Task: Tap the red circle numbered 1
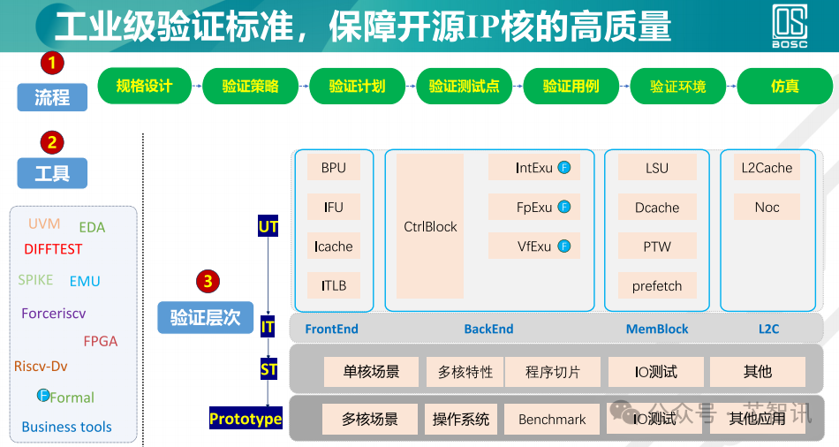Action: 51,63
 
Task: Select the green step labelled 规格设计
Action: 144,87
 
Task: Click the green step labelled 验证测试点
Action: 465,87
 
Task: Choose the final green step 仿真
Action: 784,87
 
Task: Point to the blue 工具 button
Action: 52,173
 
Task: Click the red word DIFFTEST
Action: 53,249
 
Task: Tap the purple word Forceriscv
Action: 54,313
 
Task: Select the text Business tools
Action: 67,427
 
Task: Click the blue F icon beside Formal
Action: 42,396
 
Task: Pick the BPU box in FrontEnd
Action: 334,168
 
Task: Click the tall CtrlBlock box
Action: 430,226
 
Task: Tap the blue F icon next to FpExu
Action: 564,208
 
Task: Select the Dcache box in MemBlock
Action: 657,208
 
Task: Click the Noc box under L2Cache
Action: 767,208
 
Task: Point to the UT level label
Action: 268,227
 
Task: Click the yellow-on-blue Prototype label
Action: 246,419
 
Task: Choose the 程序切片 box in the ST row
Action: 553,372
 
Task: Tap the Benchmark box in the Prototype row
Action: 552,420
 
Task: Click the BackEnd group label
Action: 488,329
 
